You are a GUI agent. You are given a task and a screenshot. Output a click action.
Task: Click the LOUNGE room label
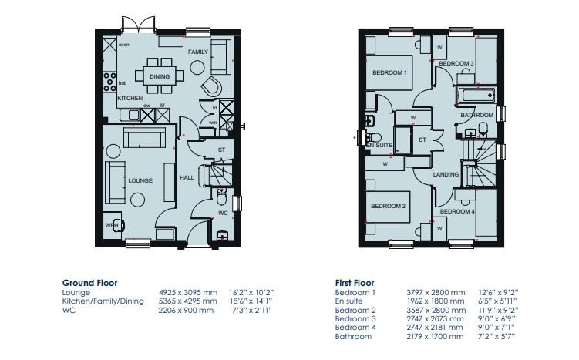point(140,180)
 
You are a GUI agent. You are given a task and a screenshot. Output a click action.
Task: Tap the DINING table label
point(160,77)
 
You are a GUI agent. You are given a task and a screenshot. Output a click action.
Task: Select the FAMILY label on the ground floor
point(198,51)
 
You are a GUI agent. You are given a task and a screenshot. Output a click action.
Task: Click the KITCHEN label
point(130,99)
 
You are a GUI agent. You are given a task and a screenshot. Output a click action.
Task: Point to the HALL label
point(187,177)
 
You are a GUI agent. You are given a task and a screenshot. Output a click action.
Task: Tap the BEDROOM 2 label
point(388,206)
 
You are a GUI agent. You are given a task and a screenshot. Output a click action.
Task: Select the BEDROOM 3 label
point(456,62)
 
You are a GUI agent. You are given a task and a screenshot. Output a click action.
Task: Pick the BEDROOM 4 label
point(457,211)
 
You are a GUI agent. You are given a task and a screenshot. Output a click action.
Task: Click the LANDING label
point(446,175)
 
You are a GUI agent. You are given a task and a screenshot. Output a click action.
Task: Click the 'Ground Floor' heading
point(89,283)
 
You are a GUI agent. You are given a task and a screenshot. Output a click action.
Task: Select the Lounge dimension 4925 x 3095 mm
point(186,293)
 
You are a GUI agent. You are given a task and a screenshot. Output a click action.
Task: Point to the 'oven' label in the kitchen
point(124,45)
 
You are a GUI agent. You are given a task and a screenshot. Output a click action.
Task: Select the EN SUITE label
point(379,145)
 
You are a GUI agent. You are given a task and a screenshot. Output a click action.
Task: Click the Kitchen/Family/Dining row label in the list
point(103,301)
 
